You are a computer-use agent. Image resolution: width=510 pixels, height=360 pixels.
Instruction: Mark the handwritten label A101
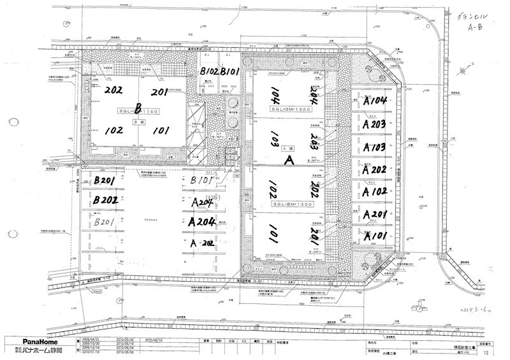pyautogui.click(x=376, y=236)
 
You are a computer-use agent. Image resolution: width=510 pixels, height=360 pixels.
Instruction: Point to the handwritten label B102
pyautogui.click(x=210, y=71)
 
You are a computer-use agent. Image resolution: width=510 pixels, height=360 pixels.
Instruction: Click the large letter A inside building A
pyautogui.click(x=288, y=161)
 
